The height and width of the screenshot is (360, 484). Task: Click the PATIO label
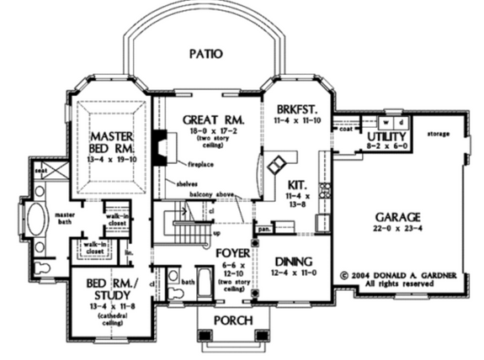point(205,55)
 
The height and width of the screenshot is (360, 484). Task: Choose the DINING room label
point(292,262)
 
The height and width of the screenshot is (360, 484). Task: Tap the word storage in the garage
point(439,134)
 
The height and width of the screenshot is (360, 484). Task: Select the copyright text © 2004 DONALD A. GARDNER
point(392,275)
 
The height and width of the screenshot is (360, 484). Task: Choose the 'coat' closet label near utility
point(344,129)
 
